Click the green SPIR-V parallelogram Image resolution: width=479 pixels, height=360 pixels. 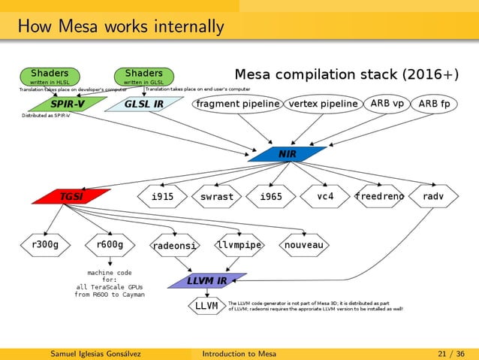(67, 104)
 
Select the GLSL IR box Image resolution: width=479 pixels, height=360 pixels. (143, 104)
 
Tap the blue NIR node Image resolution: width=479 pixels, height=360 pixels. (287, 154)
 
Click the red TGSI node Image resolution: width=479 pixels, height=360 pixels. (71, 197)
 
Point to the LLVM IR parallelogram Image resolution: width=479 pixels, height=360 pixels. (207, 281)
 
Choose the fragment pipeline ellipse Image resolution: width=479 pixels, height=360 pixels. (238, 104)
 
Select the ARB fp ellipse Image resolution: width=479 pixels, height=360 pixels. (435, 103)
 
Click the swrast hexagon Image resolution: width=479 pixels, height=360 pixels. (216, 197)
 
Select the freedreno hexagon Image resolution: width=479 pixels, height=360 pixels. (380, 196)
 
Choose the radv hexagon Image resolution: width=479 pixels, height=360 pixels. (433, 196)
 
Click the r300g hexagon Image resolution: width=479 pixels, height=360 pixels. (47, 244)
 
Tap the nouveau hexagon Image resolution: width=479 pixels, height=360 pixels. (304, 245)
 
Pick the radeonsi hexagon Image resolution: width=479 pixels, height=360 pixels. (174, 246)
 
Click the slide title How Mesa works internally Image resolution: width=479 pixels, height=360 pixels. (121, 28)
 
